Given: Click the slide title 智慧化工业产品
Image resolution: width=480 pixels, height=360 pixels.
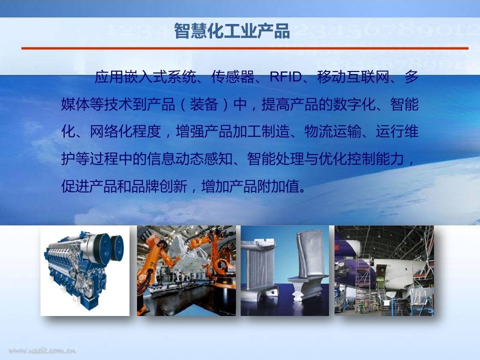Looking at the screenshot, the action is point(231,30).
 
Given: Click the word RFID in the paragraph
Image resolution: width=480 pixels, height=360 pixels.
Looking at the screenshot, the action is point(285,77).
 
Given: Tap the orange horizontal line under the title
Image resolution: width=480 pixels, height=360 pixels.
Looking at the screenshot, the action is point(245,48).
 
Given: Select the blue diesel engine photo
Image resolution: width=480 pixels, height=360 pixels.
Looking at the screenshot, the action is point(85,271).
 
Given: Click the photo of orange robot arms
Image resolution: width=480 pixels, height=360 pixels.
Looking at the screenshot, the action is point(186,271).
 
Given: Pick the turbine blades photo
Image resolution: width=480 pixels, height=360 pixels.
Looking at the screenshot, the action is point(284,271).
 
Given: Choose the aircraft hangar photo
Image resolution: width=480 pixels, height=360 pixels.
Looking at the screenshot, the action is point(384,271).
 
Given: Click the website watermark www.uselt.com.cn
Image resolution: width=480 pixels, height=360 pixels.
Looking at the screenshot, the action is point(42,350).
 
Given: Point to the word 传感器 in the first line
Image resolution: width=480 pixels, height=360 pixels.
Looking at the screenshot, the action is point(233,77).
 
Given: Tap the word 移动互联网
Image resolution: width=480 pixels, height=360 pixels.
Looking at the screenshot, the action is point(353,77).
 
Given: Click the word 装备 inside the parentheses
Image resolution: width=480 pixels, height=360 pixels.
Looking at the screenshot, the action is point(204,104).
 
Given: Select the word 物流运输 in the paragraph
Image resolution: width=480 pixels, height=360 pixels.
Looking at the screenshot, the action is point(333,131).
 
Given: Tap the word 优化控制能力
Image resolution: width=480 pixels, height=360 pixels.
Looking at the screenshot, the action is point(361,159).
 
